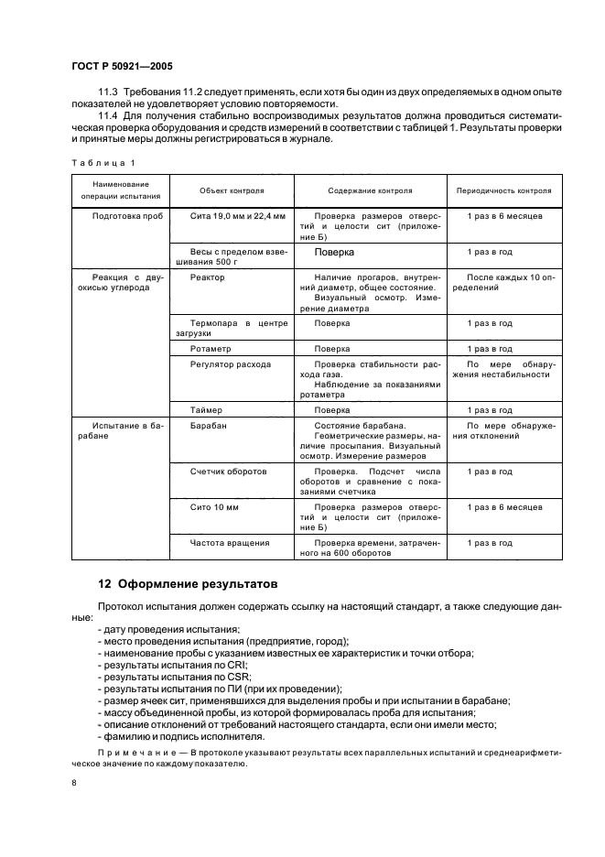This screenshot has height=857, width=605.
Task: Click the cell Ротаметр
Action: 211,349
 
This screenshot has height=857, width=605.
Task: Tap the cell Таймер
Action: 206,410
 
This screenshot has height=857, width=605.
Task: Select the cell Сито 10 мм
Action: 215,506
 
